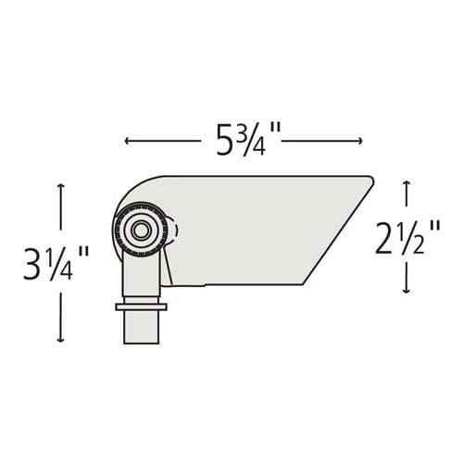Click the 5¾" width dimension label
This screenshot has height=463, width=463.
tap(248, 140)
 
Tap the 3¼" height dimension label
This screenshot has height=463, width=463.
tap(56, 263)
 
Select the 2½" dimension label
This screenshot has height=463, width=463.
tap(407, 237)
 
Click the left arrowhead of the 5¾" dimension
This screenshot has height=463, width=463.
tap(127, 141)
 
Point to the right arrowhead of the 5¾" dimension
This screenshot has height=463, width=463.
tap(359, 141)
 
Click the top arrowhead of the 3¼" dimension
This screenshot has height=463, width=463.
tap(61, 186)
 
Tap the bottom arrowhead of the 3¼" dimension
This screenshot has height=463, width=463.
tap(61, 339)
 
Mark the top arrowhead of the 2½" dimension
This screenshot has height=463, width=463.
tap(407, 184)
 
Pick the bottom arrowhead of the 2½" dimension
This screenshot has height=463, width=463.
tap(407, 290)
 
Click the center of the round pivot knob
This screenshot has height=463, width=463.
tap(141, 230)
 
